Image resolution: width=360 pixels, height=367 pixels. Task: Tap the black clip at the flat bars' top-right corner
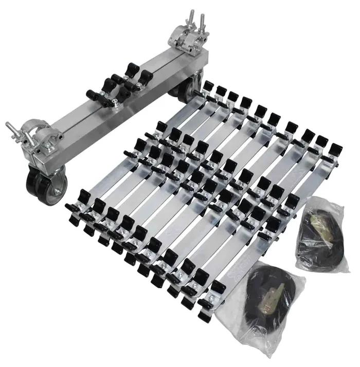coord(335,151)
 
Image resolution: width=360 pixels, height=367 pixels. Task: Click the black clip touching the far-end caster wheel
coord(208,87)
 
